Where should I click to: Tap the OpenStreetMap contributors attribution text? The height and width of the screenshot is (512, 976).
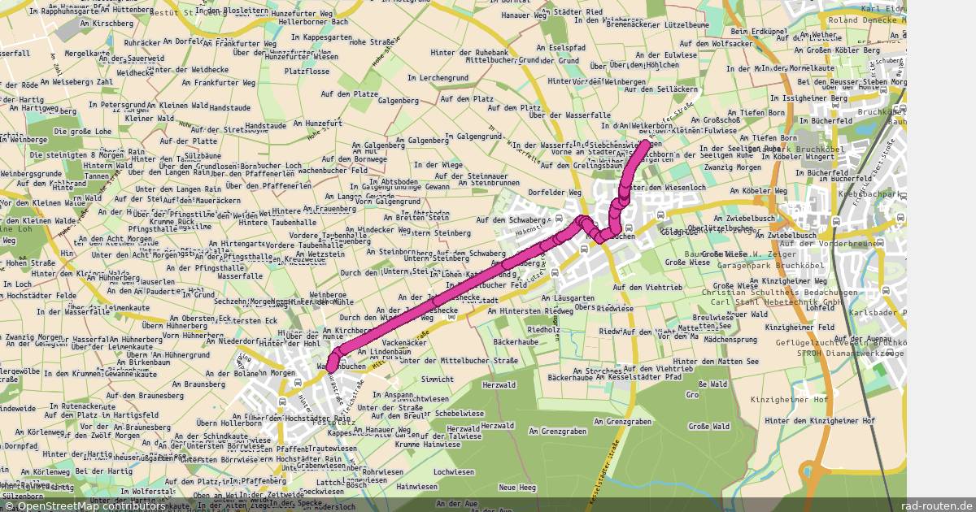(x=85, y=505)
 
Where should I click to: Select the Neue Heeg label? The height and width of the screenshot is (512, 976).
(x=517, y=488)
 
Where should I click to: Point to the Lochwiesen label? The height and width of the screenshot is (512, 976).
(x=453, y=472)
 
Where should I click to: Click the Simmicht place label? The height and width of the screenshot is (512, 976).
(x=437, y=380)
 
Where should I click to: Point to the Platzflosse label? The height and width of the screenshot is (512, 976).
(x=307, y=72)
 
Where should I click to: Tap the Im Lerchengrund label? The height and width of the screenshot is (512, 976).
(x=438, y=77)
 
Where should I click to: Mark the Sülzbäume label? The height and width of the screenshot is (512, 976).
(x=203, y=154)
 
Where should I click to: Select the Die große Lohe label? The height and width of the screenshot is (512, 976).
(x=82, y=131)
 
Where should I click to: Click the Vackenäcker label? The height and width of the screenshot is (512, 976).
(x=403, y=343)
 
